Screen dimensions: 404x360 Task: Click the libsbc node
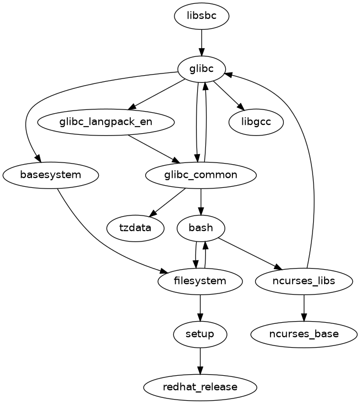(x=201, y=17)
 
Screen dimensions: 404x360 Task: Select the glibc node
(x=201, y=69)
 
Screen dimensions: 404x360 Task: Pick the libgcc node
(x=256, y=122)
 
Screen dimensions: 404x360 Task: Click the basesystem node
(x=50, y=175)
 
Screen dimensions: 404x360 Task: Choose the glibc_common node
(x=200, y=175)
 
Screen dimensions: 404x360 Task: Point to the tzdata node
(x=135, y=228)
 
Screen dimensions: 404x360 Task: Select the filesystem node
(x=200, y=281)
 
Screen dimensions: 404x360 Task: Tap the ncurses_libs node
(x=304, y=281)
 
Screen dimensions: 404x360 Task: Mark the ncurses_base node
(x=304, y=334)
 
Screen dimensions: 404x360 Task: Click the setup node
(x=200, y=334)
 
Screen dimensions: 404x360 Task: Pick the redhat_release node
(x=200, y=387)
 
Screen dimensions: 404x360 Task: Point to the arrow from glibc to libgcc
(x=227, y=95)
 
